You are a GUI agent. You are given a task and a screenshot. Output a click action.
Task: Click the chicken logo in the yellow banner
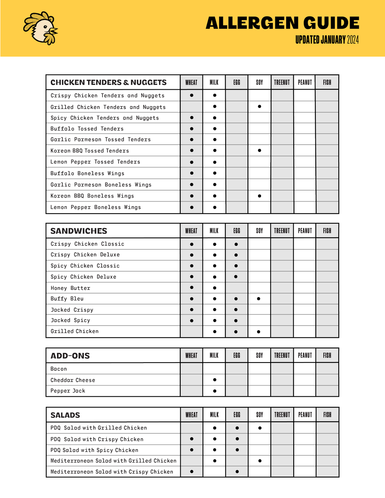coord(40,28)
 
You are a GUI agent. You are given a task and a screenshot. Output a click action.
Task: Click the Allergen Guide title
coord(282,23)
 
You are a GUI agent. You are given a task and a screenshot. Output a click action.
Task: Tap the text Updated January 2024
coord(327,40)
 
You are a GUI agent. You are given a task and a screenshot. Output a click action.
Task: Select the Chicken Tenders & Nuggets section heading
coord(109,82)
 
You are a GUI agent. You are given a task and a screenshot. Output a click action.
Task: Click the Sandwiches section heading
coord(79,231)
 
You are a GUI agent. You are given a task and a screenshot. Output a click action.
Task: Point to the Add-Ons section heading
coord(70,356)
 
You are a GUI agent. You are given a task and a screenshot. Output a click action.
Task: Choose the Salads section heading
coord(65,415)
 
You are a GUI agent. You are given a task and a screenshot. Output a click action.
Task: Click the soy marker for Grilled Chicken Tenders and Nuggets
coord(259,106)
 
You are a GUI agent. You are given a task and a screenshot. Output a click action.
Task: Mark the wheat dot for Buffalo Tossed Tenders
coord(192,129)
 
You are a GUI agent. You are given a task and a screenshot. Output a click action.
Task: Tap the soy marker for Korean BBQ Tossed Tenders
coord(259,150)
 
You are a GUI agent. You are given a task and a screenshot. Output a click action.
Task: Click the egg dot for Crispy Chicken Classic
coord(236,244)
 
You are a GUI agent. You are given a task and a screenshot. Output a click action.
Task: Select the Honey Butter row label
coord(70,288)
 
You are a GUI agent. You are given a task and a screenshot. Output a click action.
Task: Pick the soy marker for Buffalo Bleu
coord(259,299)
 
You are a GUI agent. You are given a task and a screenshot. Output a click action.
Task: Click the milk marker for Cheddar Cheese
coord(214,380)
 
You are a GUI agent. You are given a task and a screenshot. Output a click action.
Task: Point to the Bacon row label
coord(59,369)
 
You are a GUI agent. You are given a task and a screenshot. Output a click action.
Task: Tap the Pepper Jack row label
coord(68,391)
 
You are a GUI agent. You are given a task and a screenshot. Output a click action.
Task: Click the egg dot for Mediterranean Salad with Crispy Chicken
coord(237,471)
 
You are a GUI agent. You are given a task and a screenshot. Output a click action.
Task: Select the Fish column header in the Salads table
coord(327,414)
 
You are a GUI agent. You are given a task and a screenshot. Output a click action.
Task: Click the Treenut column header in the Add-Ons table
coord(282,356)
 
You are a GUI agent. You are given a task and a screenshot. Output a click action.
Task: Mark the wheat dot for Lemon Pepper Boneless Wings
coord(192,207)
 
